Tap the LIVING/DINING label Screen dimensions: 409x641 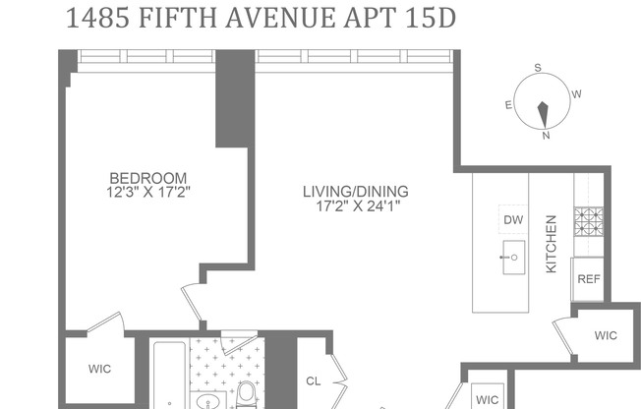click(x=355, y=191)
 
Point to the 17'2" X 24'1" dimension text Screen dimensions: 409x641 click(x=355, y=205)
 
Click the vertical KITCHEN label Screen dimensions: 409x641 click(x=552, y=245)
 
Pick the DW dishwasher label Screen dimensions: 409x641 click(x=513, y=219)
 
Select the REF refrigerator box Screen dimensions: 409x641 click(x=588, y=279)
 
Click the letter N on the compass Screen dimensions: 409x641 click(x=546, y=137)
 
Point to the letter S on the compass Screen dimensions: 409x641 click(x=538, y=68)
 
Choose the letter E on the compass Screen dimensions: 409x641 click(x=508, y=104)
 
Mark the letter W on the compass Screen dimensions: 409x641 click(x=577, y=94)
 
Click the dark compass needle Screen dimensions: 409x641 click(x=542, y=114)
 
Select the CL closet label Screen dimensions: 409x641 click(x=314, y=380)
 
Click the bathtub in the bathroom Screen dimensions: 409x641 click(x=168, y=379)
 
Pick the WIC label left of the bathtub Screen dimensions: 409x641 click(x=99, y=370)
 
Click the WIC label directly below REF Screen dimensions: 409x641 click(x=606, y=335)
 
